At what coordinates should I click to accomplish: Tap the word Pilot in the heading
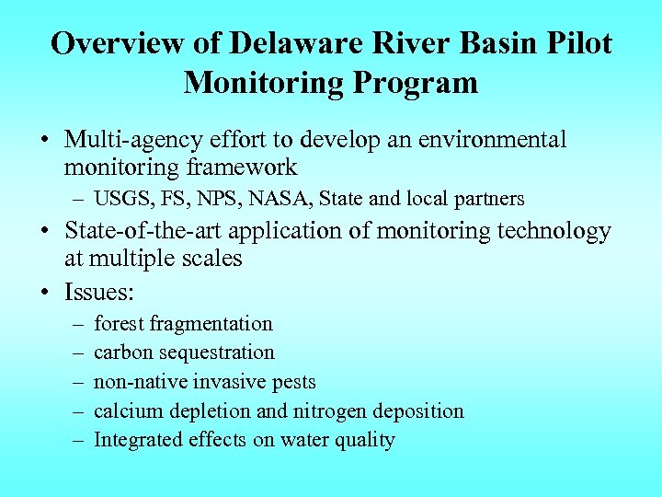(576, 44)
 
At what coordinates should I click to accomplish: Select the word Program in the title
(422, 83)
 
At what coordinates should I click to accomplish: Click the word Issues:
(99, 292)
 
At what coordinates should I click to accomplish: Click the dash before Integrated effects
(73, 440)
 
